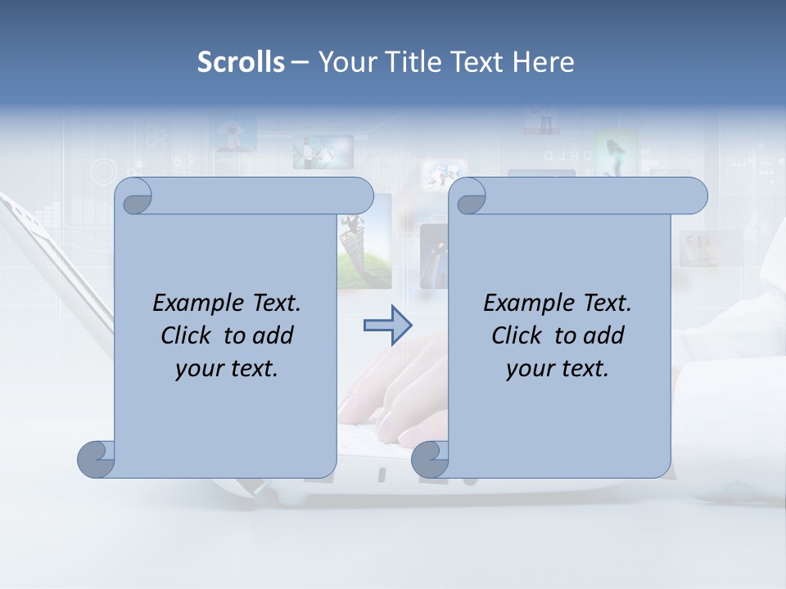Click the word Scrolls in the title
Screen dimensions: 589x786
click(241, 62)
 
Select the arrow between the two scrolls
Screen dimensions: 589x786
click(387, 326)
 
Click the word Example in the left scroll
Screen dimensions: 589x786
click(195, 303)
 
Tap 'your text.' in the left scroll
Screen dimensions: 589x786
click(226, 368)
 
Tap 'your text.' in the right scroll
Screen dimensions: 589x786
click(557, 368)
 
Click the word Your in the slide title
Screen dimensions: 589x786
click(343, 62)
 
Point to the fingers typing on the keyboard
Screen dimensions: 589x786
click(401, 384)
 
